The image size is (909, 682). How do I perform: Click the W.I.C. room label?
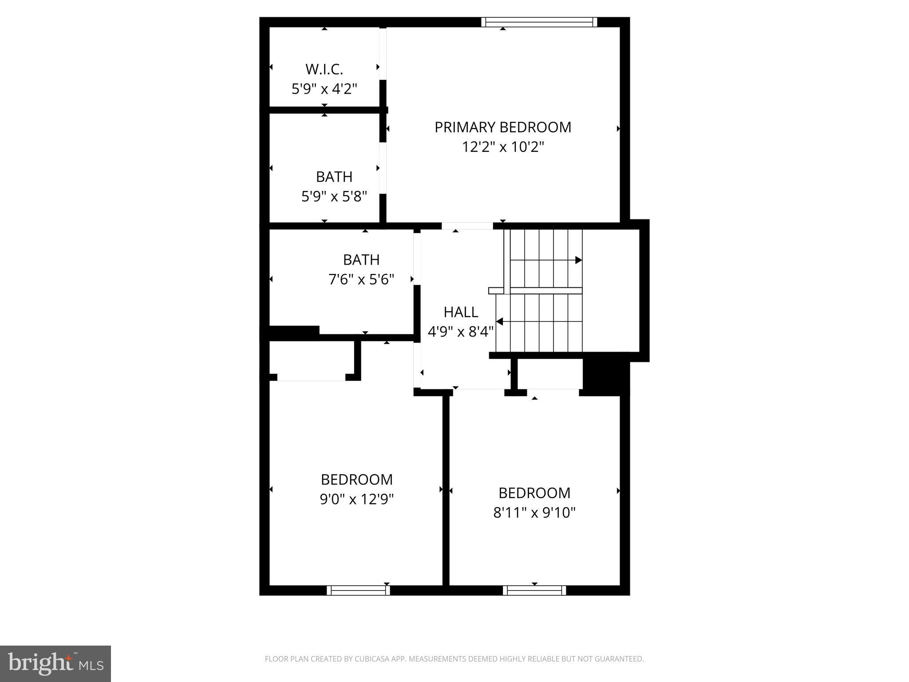pyautogui.click(x=324, y=69)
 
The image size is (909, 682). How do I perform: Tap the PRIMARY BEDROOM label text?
pyautogui.click(x=502, y=127)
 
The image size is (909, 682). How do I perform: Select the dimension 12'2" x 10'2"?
pyautogui.click(x=502, y=147)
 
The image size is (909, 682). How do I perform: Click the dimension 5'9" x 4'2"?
pyautogui.click(x=324, y=89)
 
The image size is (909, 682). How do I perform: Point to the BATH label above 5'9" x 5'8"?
pyautogui.click(x=334, y=177)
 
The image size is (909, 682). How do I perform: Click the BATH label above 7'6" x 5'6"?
pyautogui.click(x=361, y=260)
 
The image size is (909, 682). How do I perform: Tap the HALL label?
pyautogui.click(x=460, y=313)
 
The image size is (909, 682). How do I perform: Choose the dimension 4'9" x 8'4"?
pyautogui.click(x=460, y=332)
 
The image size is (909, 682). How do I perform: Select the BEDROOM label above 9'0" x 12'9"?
pyautogui.click(x=356, y=480)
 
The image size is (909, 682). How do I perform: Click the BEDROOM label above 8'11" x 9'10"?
pyautogui.click(x=534, y=493)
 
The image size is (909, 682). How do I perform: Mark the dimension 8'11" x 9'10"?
pyautogui.click(x=534, y=513)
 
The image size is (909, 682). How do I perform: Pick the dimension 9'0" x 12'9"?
pyautogui.click(x=356, y=500)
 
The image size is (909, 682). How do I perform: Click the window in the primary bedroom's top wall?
pyautogui.click(x=539, y=22)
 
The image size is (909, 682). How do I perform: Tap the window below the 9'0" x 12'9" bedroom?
pyautogui.click(x=358, y=590)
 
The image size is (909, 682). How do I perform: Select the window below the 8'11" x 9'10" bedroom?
pyautogui.click(x=534, y=590)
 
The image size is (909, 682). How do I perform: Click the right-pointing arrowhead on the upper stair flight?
pyautogui.click(x=578, y=260)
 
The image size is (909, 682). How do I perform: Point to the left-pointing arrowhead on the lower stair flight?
pyautogui.click(x=499, y=321)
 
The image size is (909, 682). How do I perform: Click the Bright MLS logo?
pyautogui.click(x=55, y=663)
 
